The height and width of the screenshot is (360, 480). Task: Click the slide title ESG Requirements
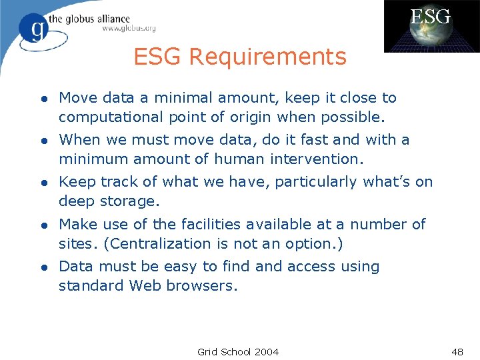(240, 57)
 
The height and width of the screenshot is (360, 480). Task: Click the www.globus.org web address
(129, 28)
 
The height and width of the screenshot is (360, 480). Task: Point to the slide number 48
(457, 351)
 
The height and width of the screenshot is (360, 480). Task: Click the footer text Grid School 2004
(238, 351)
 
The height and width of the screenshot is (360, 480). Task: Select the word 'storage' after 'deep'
(126, 201)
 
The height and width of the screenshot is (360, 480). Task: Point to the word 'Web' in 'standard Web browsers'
(145, 285)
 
